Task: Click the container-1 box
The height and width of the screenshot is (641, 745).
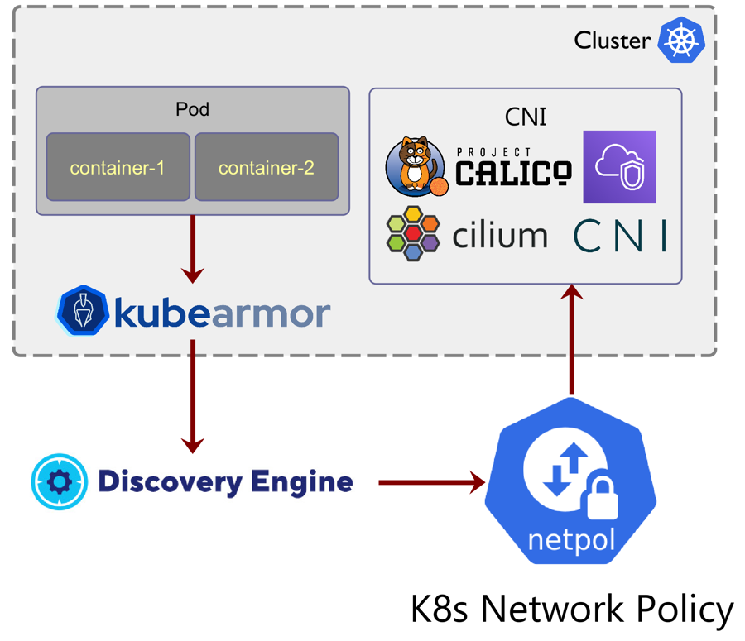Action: pos(118,167)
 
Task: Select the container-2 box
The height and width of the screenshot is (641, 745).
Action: pos(266,167)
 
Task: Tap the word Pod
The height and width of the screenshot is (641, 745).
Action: pos(192,109)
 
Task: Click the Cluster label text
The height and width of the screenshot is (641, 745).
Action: pos(612,40)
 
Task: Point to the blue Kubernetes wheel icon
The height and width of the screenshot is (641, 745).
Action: pos(680,41)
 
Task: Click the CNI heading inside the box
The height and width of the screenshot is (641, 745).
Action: pos(525,117)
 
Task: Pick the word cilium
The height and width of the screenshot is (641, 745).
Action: pos(500,235)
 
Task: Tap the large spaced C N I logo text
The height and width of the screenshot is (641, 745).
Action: pos(620,236)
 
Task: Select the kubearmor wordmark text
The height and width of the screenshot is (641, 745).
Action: pos(221,313)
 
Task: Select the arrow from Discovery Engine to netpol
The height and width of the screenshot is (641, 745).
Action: pos(430,482)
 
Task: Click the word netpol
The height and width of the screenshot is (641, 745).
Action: pos(572,542)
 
